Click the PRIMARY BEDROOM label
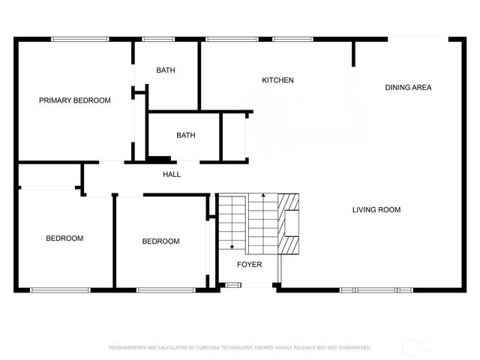click(75, 100)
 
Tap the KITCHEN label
click(277, 80)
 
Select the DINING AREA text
click(408, 88)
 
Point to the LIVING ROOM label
click(376, 210)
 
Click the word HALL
click(172, 175)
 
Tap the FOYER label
click(249, 265)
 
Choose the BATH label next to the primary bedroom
click(166, 70)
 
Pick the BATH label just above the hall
click(185, 136)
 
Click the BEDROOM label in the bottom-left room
click(64, 238)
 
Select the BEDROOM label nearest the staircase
click(161, 241)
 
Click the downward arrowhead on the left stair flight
click(232, 246)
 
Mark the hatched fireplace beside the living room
click(289, 224)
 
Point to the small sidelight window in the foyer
click(233, 284)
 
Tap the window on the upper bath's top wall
click(154, 39)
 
